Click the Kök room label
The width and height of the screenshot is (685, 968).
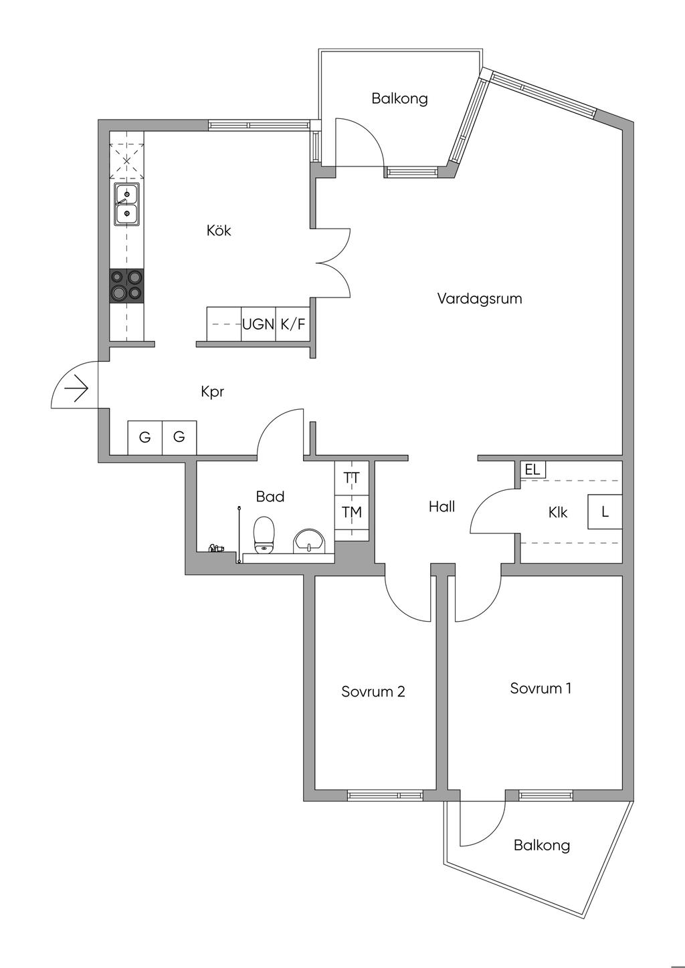219,231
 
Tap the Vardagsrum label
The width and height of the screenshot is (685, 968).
479,298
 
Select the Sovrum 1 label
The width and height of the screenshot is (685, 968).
541,688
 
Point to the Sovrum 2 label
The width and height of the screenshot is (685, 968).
373,691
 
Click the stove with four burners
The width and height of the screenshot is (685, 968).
126,285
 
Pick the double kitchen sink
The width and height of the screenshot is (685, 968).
126,204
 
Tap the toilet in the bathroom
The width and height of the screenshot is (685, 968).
264,535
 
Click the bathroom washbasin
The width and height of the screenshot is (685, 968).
309,540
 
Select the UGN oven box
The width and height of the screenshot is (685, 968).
258,324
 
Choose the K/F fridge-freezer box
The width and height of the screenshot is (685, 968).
292,324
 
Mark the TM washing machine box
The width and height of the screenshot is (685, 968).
351,512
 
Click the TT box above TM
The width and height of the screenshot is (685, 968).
351,478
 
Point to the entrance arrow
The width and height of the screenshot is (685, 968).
77,388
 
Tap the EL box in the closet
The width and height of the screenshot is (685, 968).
532,469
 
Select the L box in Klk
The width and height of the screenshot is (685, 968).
605,512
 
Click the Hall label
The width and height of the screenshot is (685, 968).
442,507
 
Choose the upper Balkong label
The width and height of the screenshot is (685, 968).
399,99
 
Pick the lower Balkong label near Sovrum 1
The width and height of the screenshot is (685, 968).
541,845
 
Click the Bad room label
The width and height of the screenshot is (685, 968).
270,497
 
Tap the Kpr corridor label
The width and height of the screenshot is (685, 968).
212,392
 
